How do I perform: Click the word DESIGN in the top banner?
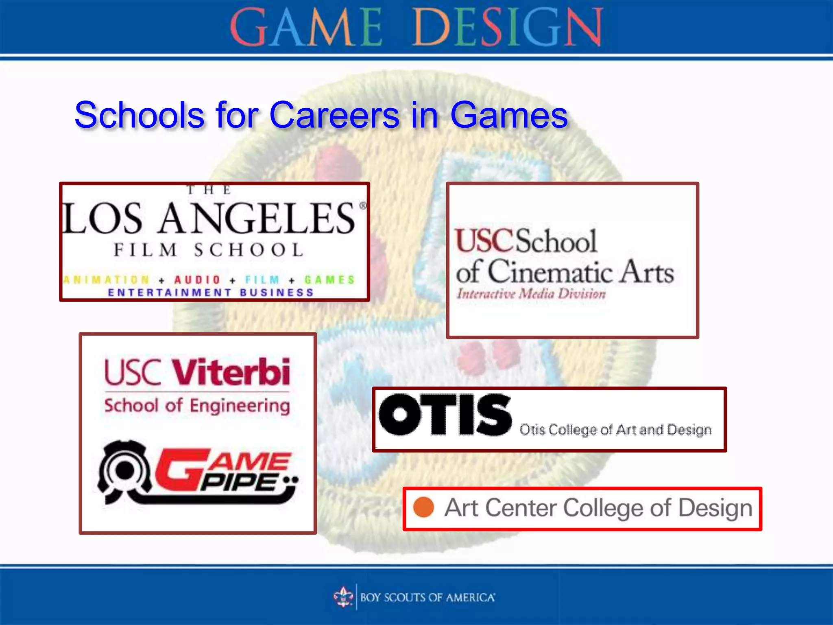tap(508, 28)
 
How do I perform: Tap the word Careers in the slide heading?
tap(334, 116)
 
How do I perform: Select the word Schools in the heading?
tap(139, 116)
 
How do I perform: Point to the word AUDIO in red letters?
tap(197, 280)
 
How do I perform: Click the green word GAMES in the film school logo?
tap(329, 280)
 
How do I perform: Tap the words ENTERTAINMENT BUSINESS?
tap(211, 293)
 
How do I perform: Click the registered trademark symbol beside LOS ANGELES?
tap(362, 206)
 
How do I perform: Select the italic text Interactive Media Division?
tap(531, 294)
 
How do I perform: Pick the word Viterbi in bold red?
tap(231, 372)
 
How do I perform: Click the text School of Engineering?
tap(197, 406)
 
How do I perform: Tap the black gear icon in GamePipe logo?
tap(124, 470)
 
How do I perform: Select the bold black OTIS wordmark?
tap(444, 415)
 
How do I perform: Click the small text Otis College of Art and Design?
tap(615, 430)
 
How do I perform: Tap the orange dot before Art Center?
tap(423, 507)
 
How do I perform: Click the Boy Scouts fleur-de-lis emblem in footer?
tap(343, 597)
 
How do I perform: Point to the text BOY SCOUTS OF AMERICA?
tap(427, 597)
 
